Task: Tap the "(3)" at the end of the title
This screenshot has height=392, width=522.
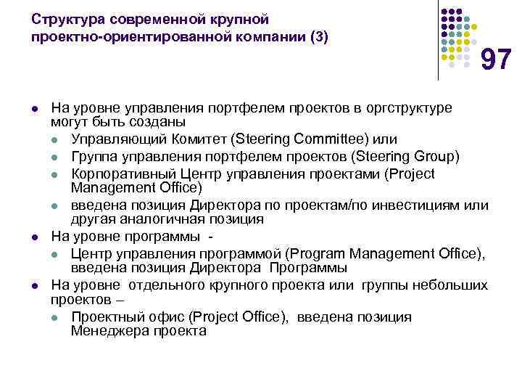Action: click(x=318, y=36)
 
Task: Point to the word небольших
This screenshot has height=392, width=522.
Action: click(x=446, y=284)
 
